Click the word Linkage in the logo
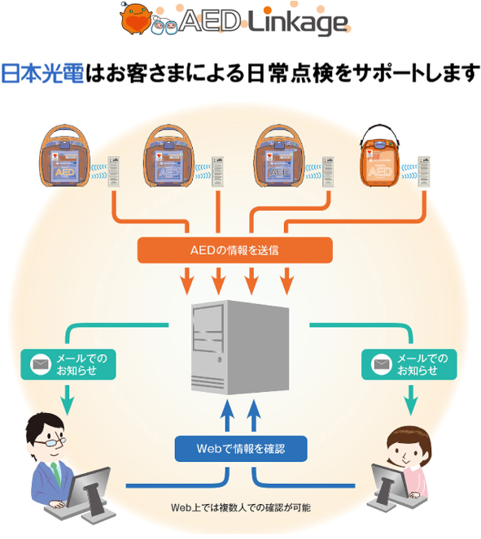pyautogui.click(x=299, y=24)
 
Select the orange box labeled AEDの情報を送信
pyautogui.click(x=235, y=250)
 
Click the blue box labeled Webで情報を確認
pyautogui.click(x=241, y=448)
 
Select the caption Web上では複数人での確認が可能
pyautogui.click(x=240, y=507)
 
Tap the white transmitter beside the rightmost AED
pyautogui.click(x=425, y=173)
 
